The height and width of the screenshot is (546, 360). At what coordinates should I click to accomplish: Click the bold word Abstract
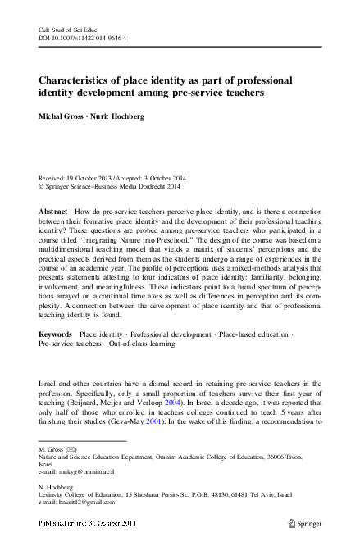[53, 212]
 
